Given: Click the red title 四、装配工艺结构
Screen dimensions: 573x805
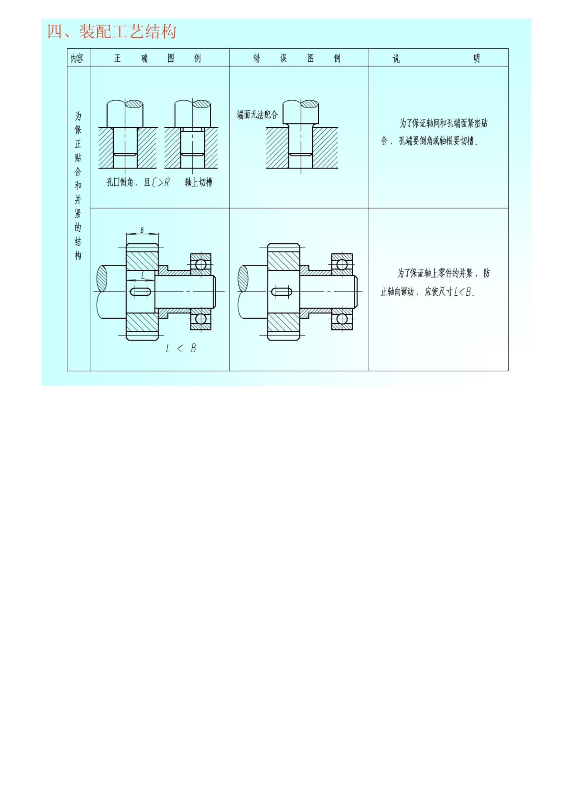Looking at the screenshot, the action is point(112,32).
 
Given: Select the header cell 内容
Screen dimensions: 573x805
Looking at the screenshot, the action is point(77,58).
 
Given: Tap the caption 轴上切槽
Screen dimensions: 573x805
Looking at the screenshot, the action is point(198,182).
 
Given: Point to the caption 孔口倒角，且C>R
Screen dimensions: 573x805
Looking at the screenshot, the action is point(138,182).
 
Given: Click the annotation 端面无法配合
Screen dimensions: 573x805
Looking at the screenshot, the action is point(257,115).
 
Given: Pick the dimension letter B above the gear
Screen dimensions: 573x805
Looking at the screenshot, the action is point(142,230).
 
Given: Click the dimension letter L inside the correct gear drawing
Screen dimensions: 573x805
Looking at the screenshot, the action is point(143,275).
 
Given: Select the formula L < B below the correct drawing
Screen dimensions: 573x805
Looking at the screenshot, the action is point(181,348).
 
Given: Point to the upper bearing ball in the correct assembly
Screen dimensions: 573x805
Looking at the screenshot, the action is point(201,265).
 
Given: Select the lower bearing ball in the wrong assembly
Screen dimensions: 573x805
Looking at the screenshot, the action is point(342,319).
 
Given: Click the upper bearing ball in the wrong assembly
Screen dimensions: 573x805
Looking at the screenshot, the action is point(342,265).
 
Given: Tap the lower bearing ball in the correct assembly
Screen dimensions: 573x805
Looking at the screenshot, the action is point(201,319).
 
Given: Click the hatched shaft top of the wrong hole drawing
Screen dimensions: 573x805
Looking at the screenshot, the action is point(309,104).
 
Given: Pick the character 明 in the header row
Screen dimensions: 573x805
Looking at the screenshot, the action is point(477,58).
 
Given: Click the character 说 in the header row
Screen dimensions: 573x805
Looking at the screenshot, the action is point(396,58).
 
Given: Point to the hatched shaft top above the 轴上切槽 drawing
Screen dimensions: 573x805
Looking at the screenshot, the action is point(201,104).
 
